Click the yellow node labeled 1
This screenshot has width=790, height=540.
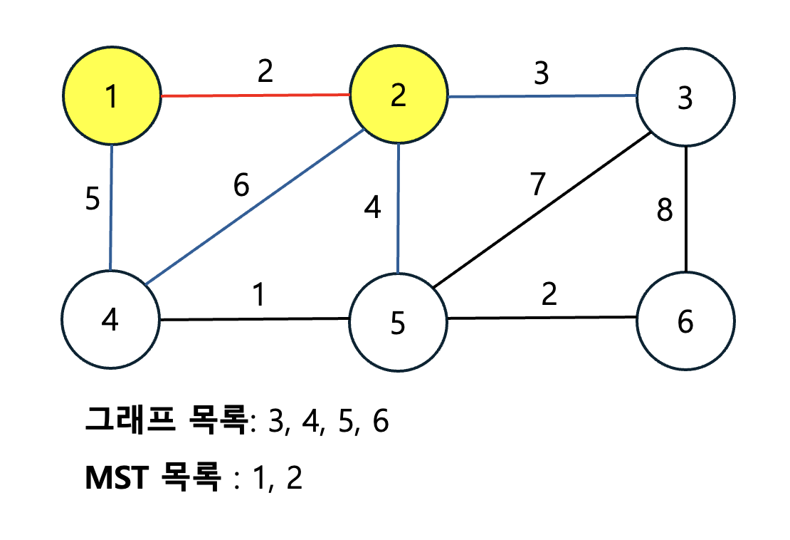tap(111, 96)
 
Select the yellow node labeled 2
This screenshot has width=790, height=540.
tap(399, 95)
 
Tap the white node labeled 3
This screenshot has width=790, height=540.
tap(685, 98)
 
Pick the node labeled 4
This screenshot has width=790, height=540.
tap(110, 321)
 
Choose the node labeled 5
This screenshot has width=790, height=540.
tap(398, 322)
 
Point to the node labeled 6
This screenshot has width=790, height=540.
tap(685, 321)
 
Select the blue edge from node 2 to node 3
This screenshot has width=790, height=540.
tap(541, 96)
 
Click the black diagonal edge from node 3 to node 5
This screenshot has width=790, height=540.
tap(541, 211)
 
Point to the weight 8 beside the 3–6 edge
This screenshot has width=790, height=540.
tap(664, 212)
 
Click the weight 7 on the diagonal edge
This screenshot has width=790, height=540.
tap(537, 185)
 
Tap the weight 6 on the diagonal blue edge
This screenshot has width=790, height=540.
tap(241, 187)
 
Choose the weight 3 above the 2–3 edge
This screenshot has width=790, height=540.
tap(542, 73)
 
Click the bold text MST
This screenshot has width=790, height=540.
tap(115, 478)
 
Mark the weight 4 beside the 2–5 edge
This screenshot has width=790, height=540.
tap(372, 209)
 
